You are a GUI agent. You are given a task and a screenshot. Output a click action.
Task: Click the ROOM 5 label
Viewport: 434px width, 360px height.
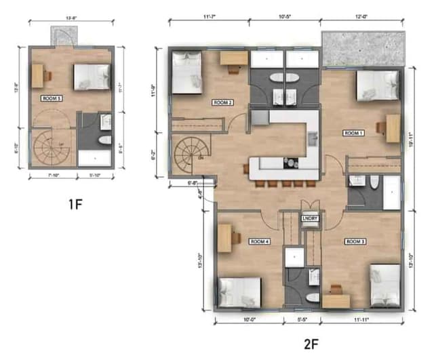click(x=51, y=98)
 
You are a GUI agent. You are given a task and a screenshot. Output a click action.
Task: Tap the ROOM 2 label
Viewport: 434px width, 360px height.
click(x=223, y=102)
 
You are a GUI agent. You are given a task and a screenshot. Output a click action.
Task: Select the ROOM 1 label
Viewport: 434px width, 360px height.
click(x=354, y=133)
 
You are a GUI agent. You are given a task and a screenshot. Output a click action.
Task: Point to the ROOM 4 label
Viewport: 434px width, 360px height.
click(x=260, y=241)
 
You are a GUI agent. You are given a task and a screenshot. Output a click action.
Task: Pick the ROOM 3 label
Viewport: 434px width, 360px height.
click(x=355, y=241)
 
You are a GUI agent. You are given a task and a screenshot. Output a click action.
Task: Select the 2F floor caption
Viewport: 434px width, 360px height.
click(x=311, y=344)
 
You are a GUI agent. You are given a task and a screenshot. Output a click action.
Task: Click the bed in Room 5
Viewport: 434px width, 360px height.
click(x=91, y=76)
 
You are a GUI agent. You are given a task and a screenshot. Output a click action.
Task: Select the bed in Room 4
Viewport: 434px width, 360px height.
click(x=238, y=292)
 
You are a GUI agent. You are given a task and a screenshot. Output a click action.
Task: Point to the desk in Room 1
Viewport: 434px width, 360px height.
click(x=393, y=128)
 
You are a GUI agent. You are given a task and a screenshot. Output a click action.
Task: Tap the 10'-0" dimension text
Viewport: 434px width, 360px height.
click(x=249, y=320)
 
